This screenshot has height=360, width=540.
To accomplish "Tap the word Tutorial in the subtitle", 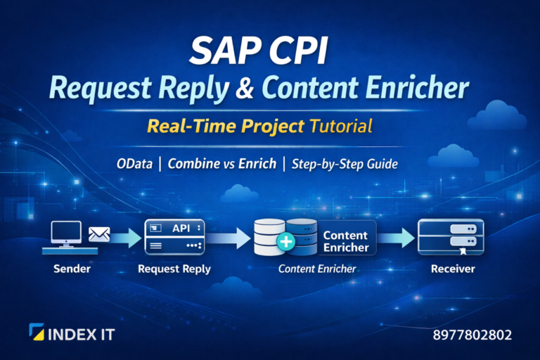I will (337, 127).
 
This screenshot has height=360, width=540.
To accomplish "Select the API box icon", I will (174, 237).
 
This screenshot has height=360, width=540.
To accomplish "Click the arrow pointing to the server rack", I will (398, 239).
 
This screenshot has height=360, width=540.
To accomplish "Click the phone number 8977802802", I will (472, 335).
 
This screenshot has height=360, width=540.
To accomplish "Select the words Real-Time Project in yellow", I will (226, 127).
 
